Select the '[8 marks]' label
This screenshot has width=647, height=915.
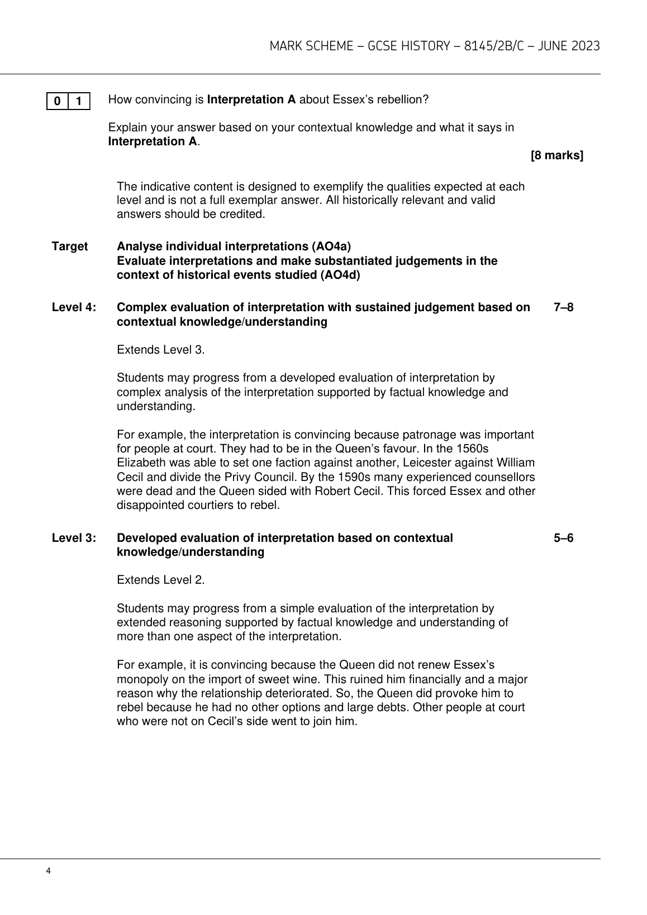point(556,156)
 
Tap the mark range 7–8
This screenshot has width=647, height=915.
point(563,307)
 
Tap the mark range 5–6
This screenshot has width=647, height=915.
point(563,538)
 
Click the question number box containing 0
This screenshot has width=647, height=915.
point(58,101)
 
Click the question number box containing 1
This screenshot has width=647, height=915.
point(79,101)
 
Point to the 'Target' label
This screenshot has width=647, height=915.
point(70,246)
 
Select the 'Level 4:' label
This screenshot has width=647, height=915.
point(74,307)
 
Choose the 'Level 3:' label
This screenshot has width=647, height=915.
point(74,538)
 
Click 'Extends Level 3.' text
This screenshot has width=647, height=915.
point(161,350)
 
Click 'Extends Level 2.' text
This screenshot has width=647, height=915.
point(161,580)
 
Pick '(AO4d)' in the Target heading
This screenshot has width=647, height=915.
point(340,275)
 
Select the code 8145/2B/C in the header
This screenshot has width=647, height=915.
point(489,46)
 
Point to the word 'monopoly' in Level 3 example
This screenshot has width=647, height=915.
point(140,679)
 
